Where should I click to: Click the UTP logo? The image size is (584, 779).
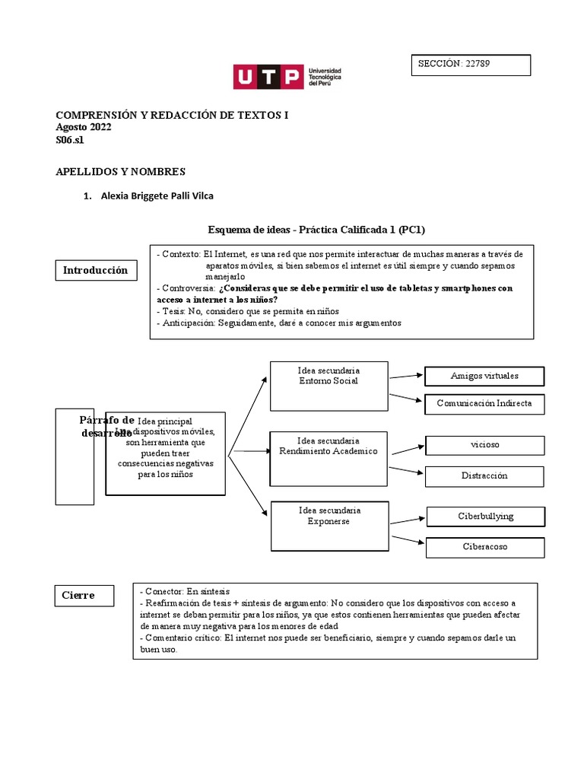(x=287, y=76)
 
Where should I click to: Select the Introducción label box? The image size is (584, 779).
(x=95, y=270)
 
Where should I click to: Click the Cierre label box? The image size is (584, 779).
(x=84, y=595)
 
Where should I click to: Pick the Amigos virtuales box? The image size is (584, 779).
(x=484, y=376)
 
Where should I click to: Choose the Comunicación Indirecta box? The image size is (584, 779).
(x=484, y=403)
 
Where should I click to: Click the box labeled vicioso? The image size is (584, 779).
(x=484, y=445)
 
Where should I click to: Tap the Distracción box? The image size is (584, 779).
(x=484, y=475)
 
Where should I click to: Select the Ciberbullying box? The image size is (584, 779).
(x=485, y=516)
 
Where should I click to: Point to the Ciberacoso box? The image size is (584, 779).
(x=484, y=546)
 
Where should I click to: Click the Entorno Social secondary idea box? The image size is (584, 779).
(x=329, y=379)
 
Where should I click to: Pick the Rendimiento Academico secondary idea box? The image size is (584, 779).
(x=329, y=457)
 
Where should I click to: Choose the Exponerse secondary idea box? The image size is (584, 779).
(x=329, y=526)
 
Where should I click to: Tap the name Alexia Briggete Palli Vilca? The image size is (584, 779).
(x=157, y=196)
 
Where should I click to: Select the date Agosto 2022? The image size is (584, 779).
(x=84, y=127)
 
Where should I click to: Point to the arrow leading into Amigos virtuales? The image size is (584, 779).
(x=406, y=375)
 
